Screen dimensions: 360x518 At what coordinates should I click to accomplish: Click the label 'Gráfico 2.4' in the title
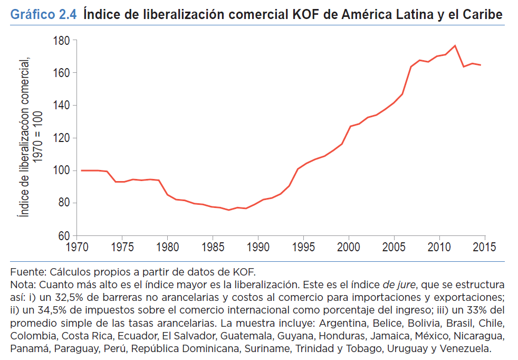coord(44,15)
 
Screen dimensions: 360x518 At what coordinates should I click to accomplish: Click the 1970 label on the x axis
coord(78,247)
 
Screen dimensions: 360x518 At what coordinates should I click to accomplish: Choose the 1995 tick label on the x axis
coord(303,247)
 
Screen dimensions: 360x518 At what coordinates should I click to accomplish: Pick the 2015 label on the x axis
coord(484,247)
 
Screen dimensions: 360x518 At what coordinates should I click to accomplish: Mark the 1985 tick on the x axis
coord(213,247)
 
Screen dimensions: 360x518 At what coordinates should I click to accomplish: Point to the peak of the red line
coord(455,45)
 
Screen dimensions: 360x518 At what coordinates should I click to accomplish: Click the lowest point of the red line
coord(229,210)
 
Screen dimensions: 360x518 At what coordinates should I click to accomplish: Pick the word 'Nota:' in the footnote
coord(24,285)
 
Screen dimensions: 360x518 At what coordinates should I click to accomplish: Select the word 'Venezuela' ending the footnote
coord(466,348)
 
